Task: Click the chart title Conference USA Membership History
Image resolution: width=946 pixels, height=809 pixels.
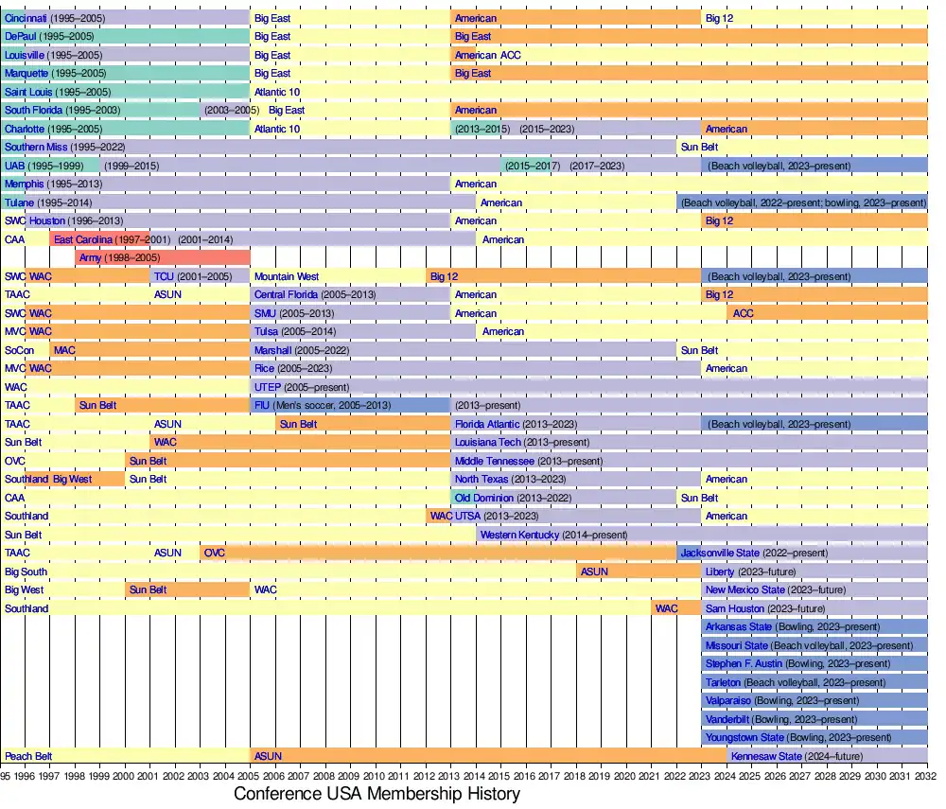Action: coord(377,794)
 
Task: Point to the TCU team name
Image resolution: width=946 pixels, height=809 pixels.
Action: coord(164,276)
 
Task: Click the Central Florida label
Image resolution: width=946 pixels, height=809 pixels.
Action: coord(286,294)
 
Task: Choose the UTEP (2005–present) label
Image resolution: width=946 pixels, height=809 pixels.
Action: coord(302,387)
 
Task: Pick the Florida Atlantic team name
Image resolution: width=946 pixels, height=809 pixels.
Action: coord(487,424)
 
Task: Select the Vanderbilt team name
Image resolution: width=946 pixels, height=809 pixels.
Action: coord(727,719)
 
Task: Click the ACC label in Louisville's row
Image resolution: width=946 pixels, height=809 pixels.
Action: coord(511,55)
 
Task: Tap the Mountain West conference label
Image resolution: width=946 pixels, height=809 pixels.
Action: coord(287,276)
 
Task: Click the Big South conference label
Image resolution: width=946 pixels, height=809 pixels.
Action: coord(26,572)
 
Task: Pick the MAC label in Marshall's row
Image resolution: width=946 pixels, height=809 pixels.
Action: coord(64,350)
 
